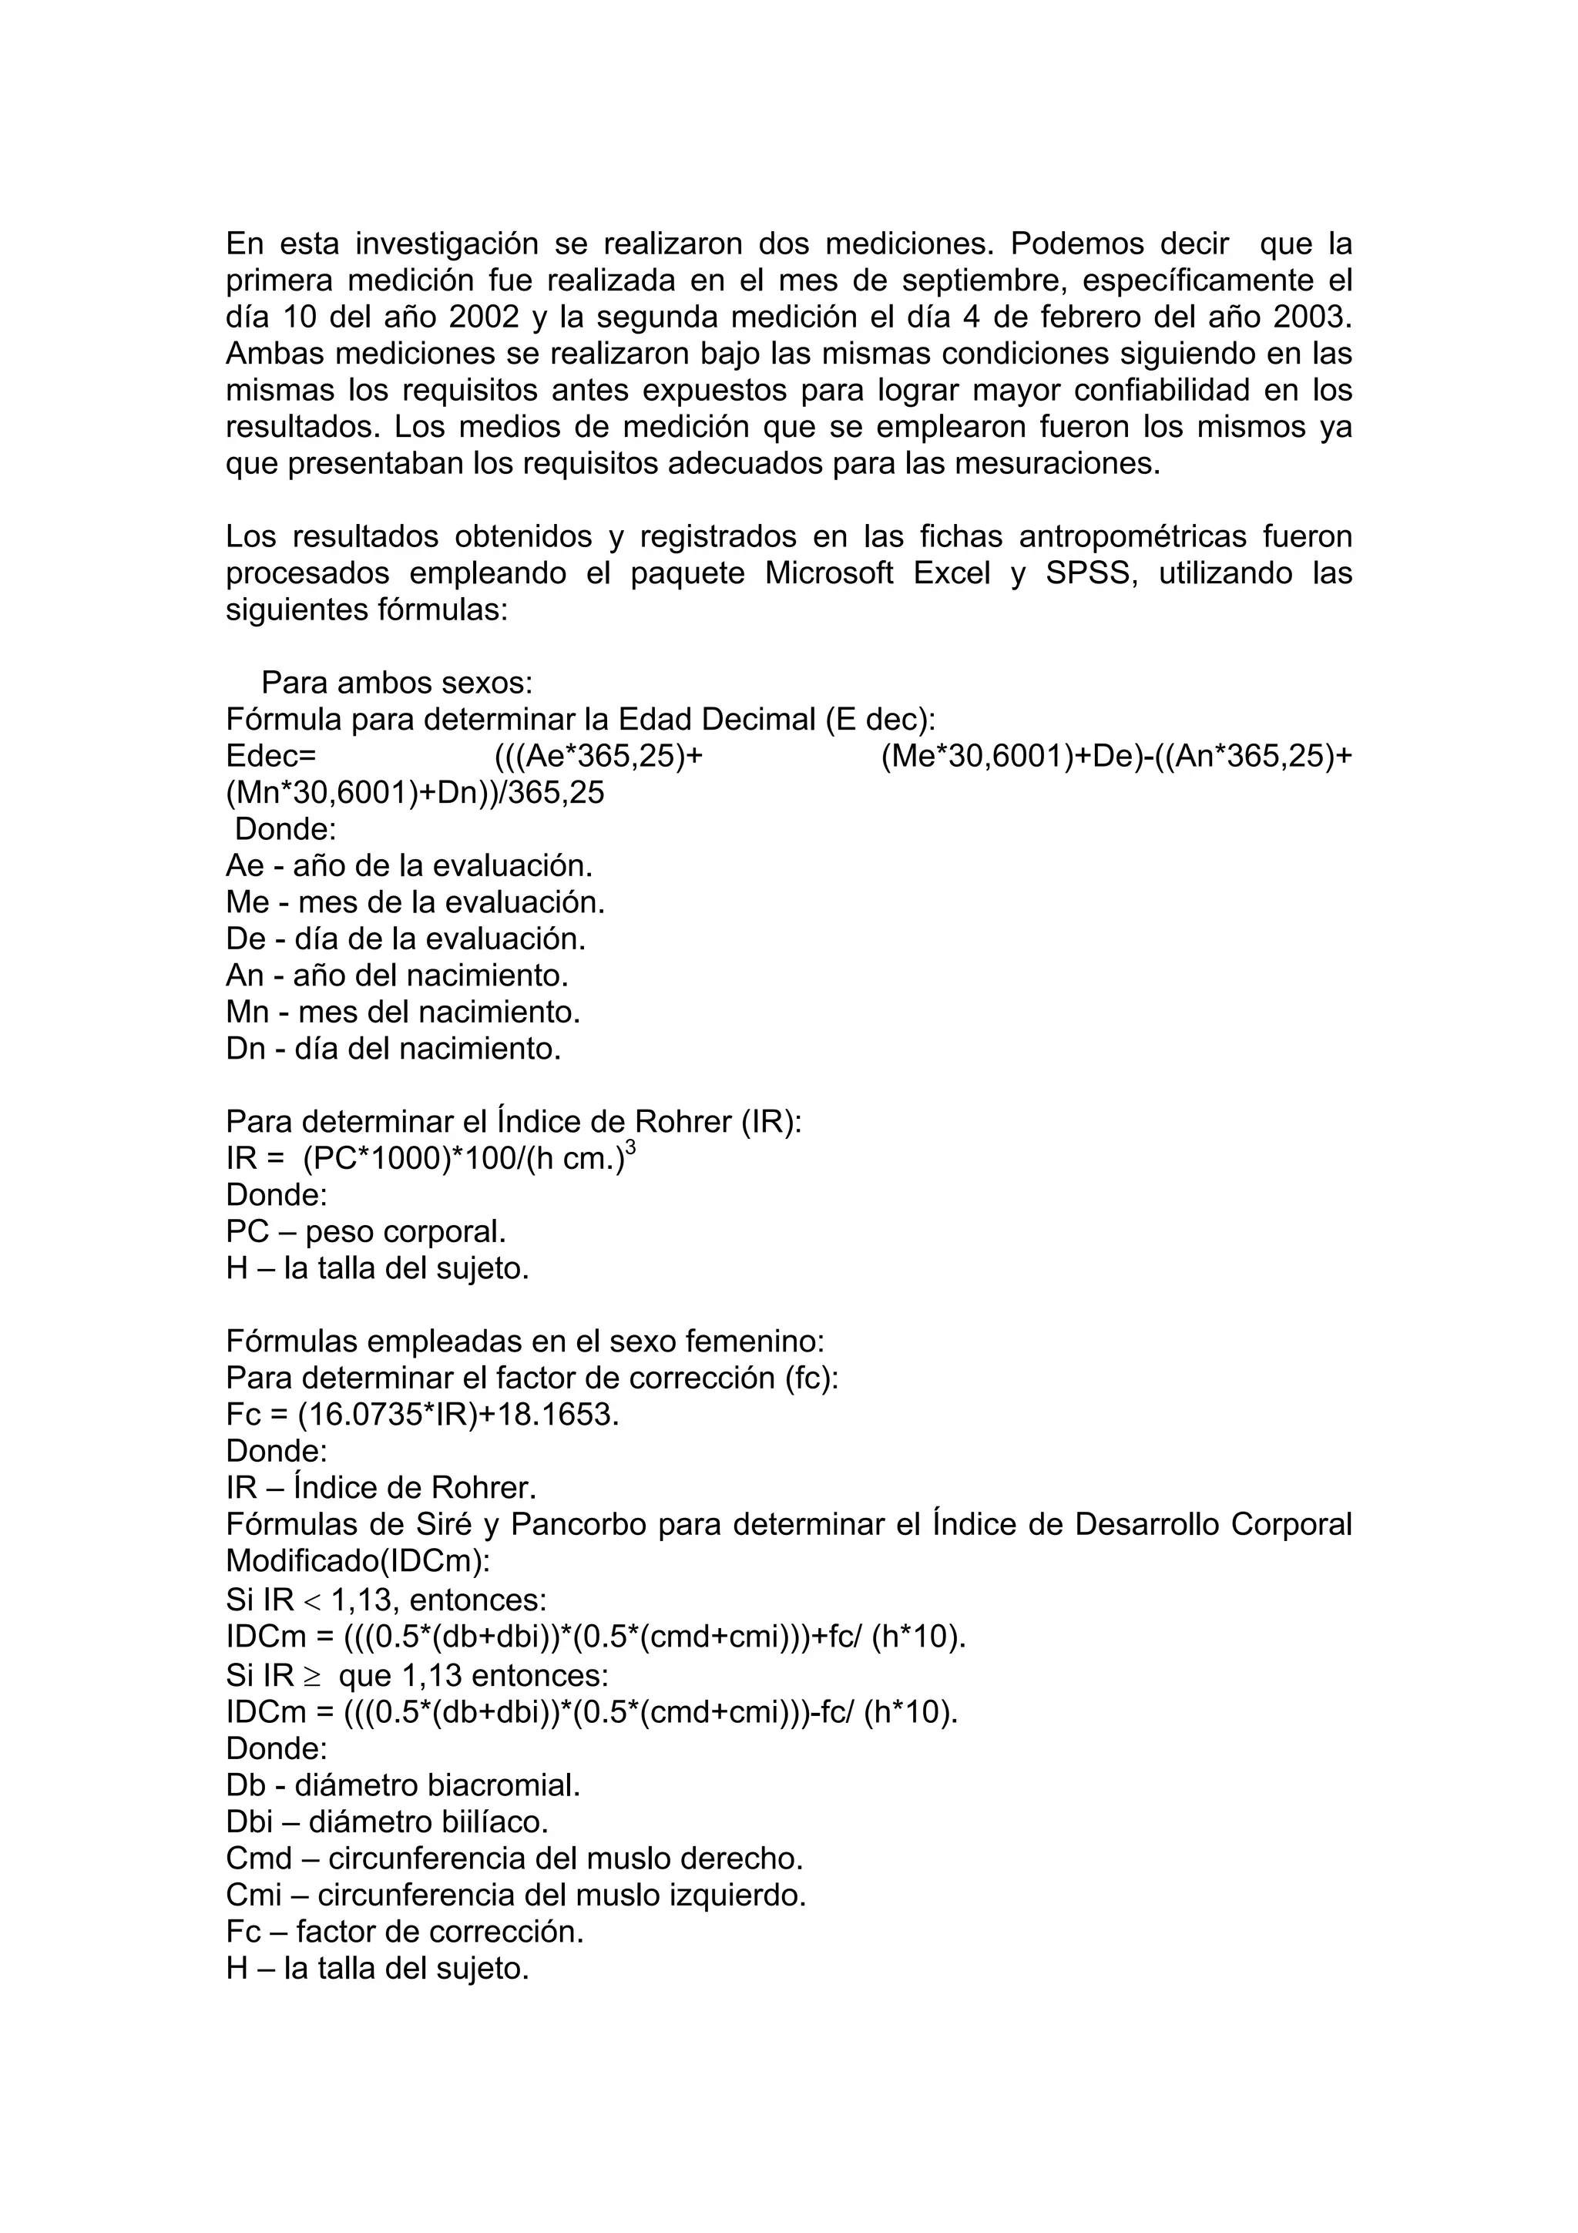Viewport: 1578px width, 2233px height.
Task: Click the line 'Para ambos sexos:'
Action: [x=397, y=683]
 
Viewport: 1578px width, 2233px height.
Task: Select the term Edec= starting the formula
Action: [x=271, y=756]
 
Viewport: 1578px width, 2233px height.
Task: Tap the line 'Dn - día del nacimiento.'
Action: [x=393, y=1049]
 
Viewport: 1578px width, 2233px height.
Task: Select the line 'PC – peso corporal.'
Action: [x=365, y=1232]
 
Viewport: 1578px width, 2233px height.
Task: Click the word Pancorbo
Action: [x=578, y=1525]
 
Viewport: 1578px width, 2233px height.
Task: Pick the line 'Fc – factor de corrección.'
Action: [x=405, y=1932]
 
